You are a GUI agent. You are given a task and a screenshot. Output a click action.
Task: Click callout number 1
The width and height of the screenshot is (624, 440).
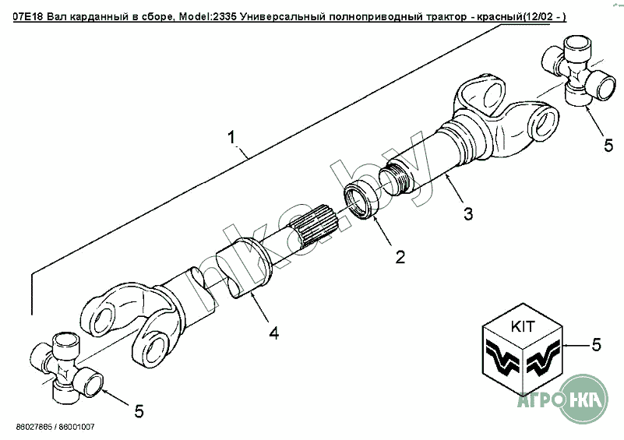point(232,138)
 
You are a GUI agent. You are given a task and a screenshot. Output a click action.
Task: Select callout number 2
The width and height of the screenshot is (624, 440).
point(399,257)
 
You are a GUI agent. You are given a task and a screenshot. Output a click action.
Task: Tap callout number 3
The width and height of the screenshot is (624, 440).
point(467,213)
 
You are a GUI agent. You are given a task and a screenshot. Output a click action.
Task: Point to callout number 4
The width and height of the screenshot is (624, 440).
point(273,333)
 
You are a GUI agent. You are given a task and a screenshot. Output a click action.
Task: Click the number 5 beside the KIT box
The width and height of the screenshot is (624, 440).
point(597,343)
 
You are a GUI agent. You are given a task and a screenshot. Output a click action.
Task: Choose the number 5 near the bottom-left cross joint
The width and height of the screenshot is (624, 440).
point(138,410)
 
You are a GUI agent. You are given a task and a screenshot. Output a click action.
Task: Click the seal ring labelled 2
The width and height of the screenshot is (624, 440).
point(359,199)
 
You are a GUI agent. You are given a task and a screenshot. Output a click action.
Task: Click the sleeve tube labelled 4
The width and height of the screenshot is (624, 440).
point(242,269)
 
